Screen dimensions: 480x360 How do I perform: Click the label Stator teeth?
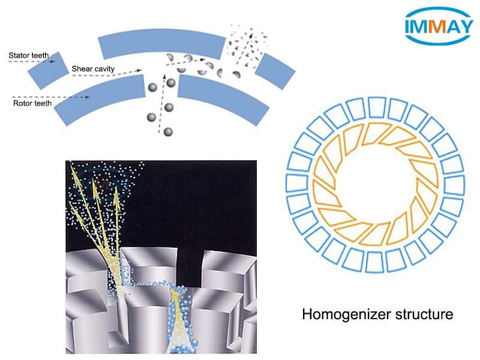coord(28,55)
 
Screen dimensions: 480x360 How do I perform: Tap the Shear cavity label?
coord(93,69)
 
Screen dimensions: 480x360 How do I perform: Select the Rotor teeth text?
coord(32,103)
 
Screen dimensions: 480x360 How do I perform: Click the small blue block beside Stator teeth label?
coord(49,71)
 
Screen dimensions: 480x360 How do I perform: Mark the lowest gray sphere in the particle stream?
coord(168,132)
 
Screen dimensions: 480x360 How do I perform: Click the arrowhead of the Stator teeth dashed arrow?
coord(53,61)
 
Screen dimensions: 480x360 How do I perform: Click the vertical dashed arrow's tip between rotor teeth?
coord(164,75)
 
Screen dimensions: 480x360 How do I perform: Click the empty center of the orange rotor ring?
coord(376,185)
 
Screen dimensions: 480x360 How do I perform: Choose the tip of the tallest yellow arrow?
coord(71,166)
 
